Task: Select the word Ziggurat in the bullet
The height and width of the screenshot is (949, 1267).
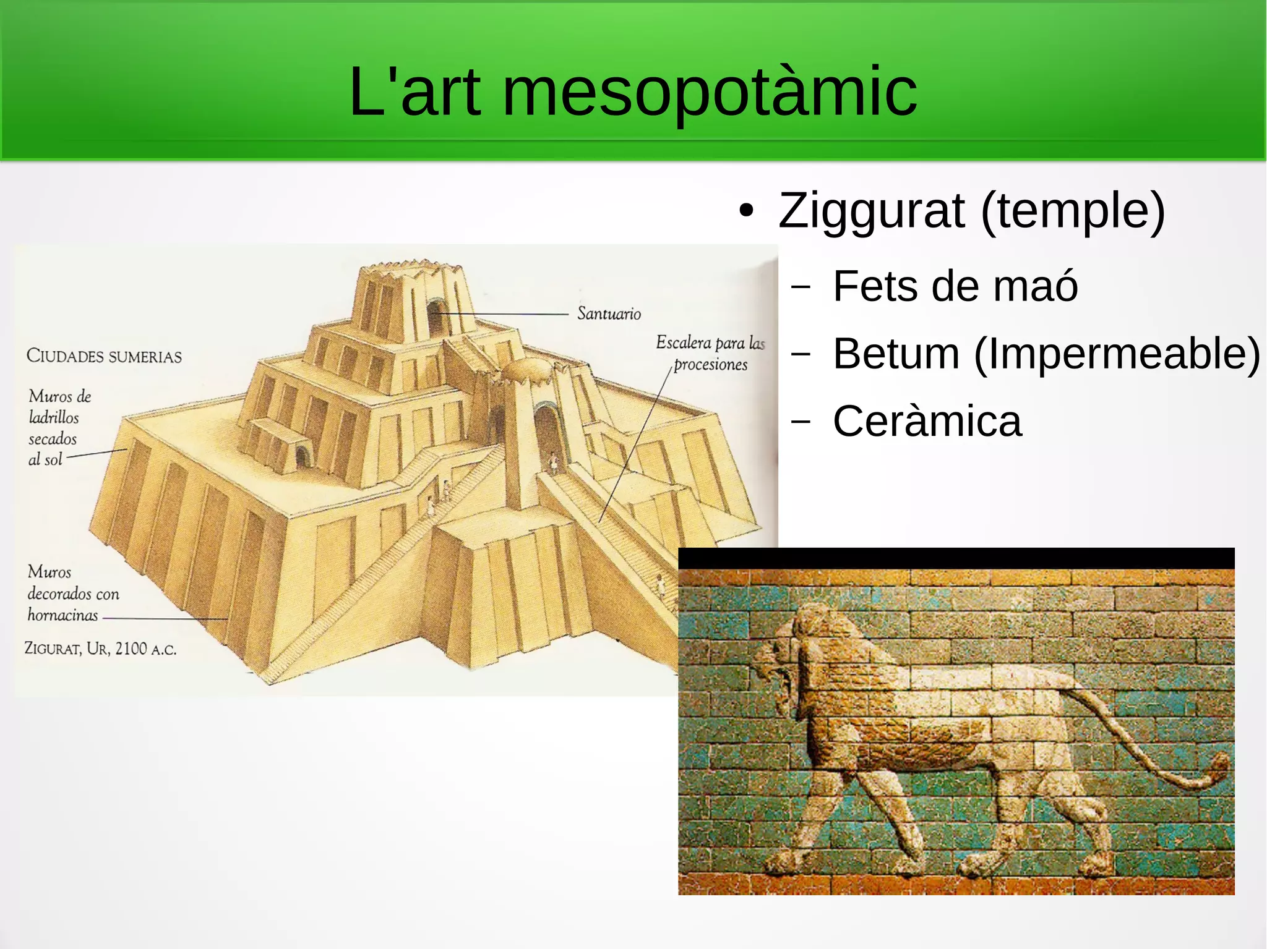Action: coord(871,210)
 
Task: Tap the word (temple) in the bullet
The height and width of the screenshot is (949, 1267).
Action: coord(1073,210)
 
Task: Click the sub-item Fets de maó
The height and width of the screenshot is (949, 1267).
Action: coord(955,286)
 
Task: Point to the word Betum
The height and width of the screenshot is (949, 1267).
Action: coord(896,354)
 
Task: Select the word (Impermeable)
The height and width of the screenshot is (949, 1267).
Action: coord(1117,354)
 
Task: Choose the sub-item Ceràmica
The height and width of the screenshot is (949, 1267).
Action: coord(927,422)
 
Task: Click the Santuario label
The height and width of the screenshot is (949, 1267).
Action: coord(609,314)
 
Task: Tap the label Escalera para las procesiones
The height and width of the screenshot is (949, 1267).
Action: coord(710,353)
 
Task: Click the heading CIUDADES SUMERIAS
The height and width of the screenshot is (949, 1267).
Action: coord(104,357)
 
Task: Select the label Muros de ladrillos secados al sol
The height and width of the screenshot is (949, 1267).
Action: coord(56,428)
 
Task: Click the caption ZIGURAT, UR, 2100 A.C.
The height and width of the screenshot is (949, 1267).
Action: coord(100,649)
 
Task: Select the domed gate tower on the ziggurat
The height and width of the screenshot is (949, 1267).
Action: coord(526,383)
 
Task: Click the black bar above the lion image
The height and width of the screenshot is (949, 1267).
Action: coord(956,558)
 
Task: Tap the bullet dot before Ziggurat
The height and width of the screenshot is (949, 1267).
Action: coord(747,211)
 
